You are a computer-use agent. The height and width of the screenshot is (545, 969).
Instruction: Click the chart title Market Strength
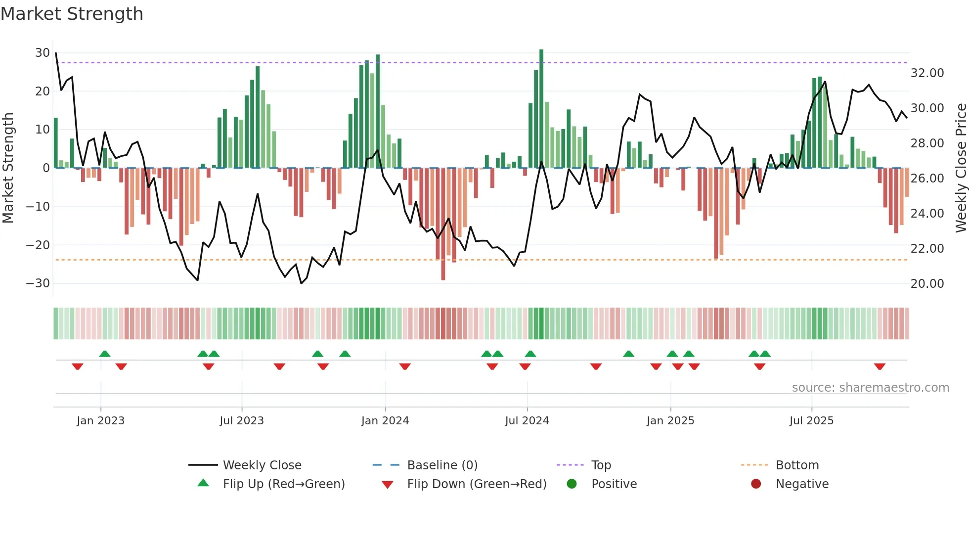[72, 14]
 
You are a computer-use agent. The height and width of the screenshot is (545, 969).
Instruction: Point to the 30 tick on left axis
[43, 53]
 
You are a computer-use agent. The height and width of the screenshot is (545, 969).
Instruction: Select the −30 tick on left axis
[38, 283]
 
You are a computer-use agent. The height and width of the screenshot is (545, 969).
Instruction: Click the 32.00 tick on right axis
[927, 73]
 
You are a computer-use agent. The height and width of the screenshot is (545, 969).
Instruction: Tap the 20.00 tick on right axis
[927, 284]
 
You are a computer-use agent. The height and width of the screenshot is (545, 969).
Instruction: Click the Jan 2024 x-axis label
[385, 421]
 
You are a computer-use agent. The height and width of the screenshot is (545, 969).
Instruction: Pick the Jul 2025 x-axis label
[811, 421]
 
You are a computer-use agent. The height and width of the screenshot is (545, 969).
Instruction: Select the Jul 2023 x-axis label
[242, 421]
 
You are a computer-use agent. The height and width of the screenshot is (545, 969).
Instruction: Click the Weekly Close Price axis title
[961, 168]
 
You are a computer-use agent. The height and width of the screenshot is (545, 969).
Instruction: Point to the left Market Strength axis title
[8, 168]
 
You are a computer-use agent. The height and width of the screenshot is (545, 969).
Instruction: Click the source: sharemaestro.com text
[870, 388]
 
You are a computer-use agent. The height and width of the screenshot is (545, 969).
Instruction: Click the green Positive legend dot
[572, 484]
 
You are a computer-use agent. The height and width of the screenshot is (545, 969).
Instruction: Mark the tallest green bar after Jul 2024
[541, 109]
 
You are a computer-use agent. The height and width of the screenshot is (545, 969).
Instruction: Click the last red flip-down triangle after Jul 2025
[880, 366]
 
